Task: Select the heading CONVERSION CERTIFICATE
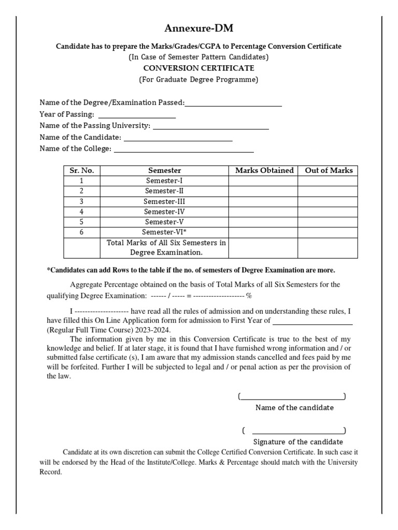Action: point(198,68)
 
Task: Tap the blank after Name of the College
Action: point(183,151)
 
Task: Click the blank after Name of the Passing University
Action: point(211,128)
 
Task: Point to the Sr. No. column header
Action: point(82,170)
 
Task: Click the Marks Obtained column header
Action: point(264,170)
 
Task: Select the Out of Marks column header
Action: point(329,170)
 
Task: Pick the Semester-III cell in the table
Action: point(164,201)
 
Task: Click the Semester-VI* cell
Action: point(164,232)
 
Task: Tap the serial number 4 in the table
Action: point(82,212)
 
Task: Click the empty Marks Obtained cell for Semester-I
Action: point(263,181)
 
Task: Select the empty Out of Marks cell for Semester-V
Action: point(329,222)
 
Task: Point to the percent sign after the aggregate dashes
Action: point(249,296)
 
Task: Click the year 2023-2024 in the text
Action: point(154,330)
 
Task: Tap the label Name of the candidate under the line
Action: point(294,407)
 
